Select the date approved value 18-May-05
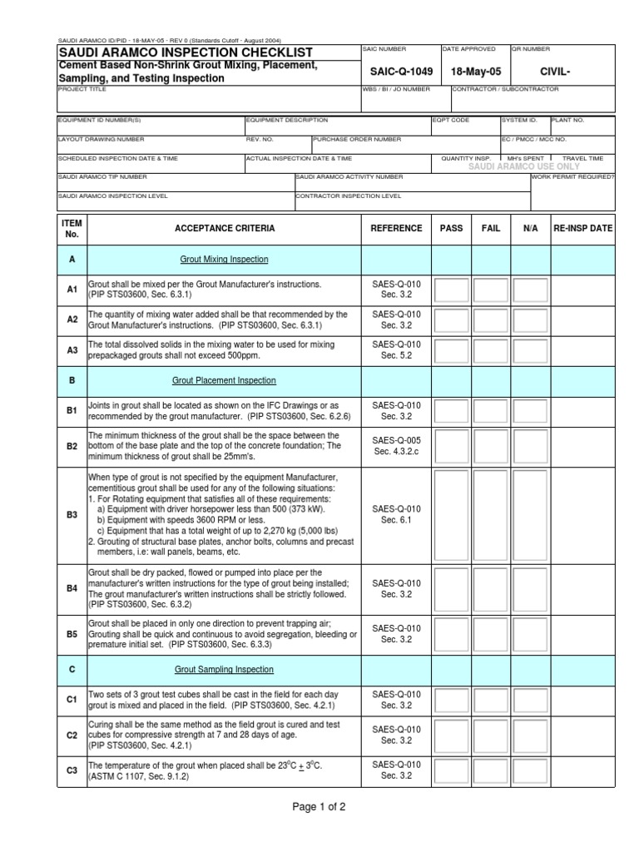click(x=473, y=72)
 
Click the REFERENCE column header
click(x=396, y=228)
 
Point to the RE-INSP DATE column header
click(x=582, y=228)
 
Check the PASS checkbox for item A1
click(x=450, y=290)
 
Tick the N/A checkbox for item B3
click(x=529, y=514)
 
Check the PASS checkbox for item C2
click(x=450, y=735)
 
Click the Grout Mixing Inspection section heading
click(x=224, y=260)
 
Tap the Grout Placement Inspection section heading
click(x=224, y=380)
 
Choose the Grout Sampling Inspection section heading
click(x=224, y=669)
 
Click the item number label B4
click(x=72, y=588)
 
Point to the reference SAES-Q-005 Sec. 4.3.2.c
click(x=396, y=446)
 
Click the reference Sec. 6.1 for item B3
click(x=396, y=520)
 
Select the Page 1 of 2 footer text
click(x=319, y=806)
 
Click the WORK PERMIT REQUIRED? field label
click(x=572, y=177)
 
